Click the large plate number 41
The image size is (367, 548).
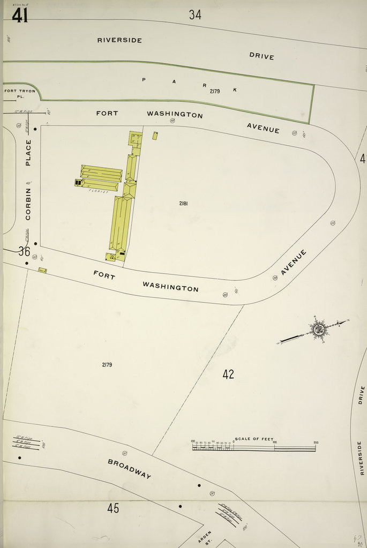point(20,16)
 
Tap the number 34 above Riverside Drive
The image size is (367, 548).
point(195,15)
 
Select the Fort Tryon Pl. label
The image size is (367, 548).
point(20,94)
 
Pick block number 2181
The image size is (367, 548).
point(184,204)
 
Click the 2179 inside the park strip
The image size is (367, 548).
point(214,92)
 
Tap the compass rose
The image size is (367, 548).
point(319,328)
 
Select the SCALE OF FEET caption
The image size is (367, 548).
point(254,439)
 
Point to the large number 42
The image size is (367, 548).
point(228,374)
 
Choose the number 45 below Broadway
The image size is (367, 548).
point(113,508)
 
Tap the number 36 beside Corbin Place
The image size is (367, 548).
point(24,251)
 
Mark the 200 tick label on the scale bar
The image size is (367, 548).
point(316,442)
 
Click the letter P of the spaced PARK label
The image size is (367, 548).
point(144,80)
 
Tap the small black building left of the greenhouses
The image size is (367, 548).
point(78,183)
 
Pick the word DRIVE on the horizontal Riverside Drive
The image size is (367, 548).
point(261,56)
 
